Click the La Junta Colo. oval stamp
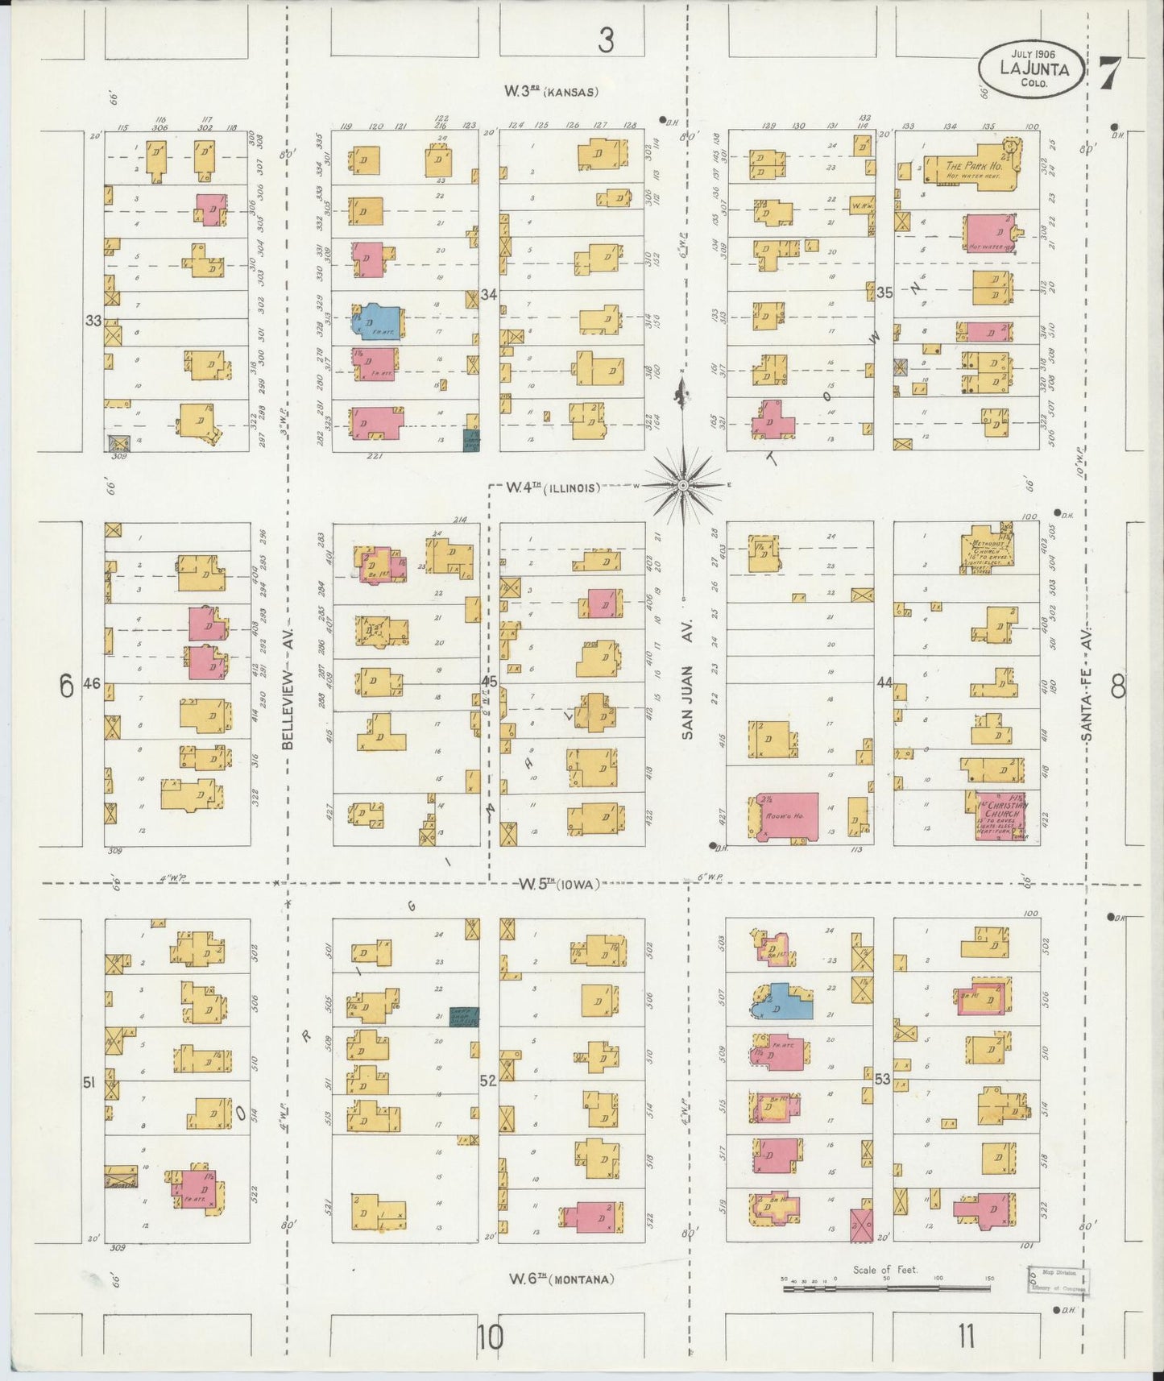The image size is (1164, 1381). pyautogui.click(x=1032, y=69)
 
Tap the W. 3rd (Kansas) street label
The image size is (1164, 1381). pyautogui.click(x=551, y=92)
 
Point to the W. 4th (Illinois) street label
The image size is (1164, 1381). pyautogui.click(x=553, y=487)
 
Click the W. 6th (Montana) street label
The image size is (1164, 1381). pyautogui.click(x=561, y=1278)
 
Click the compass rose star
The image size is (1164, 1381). pyautogui.click(x=683, y=485)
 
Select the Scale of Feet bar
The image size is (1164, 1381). pyautogui.click(x=886, y=1288)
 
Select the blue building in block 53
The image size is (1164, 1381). pyautogui.click(x=783, y=1002)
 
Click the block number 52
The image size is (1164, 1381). pyautogui.click(x=488, y=1080)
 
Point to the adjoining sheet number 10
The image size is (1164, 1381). pyautogui.click(x=489, y=1337)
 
